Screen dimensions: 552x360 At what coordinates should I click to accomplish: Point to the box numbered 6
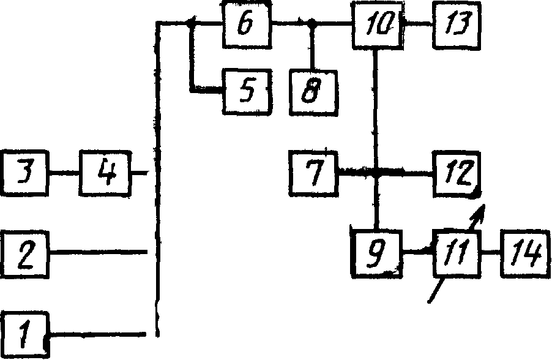[246, 25]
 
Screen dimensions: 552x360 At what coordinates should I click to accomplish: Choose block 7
[314, 173]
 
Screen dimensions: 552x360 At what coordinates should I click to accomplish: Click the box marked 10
[375, 26]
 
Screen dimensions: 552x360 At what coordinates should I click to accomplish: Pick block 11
[457, 252]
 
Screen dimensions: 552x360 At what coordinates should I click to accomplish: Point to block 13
[457, 25]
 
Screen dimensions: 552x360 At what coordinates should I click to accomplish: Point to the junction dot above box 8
[311, 24]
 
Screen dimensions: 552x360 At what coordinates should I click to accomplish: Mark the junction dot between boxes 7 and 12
[376, 174]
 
